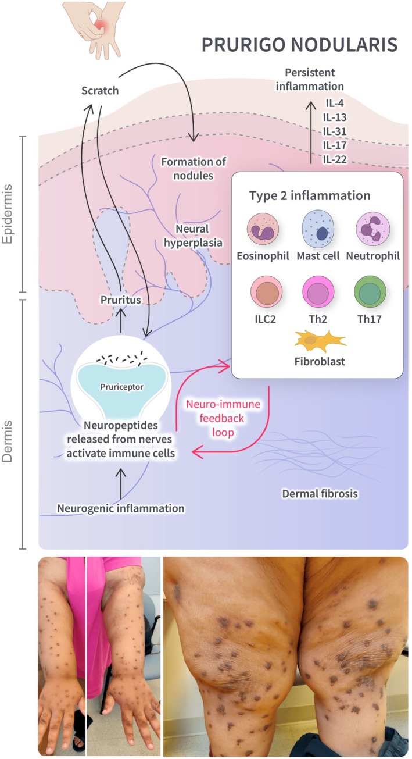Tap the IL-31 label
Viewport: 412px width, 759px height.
pyautogui.click(x=335, y=131)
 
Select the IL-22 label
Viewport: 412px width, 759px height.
pyautogui.click(x=335, y=158)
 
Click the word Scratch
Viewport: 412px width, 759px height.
pyautogui.click(x=100, y=91)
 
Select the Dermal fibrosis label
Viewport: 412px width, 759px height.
pyautogui.click(x=320, y=494)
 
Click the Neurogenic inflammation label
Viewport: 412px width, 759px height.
pyautogui.click(x=121, y=508)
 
